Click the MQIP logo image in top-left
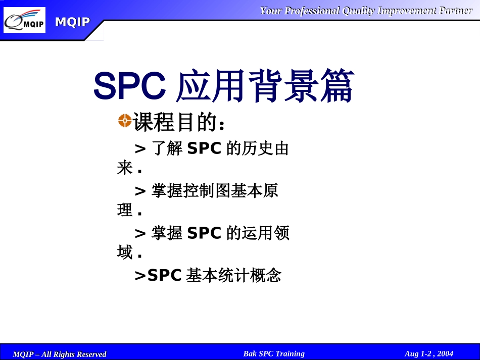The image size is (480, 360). click(24, 20)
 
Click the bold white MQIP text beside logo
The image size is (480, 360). click(72, 22)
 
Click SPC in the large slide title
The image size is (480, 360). click(130, 86)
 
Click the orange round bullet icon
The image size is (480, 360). click(125, 120)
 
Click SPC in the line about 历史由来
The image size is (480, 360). click(204, 148)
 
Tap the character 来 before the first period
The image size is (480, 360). click(125, 168)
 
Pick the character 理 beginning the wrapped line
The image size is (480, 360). click(125, 211)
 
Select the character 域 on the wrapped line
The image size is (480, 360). click(125, 252)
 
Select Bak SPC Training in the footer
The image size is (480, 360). click(274, 353)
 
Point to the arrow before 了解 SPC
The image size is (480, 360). click(140, 148)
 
